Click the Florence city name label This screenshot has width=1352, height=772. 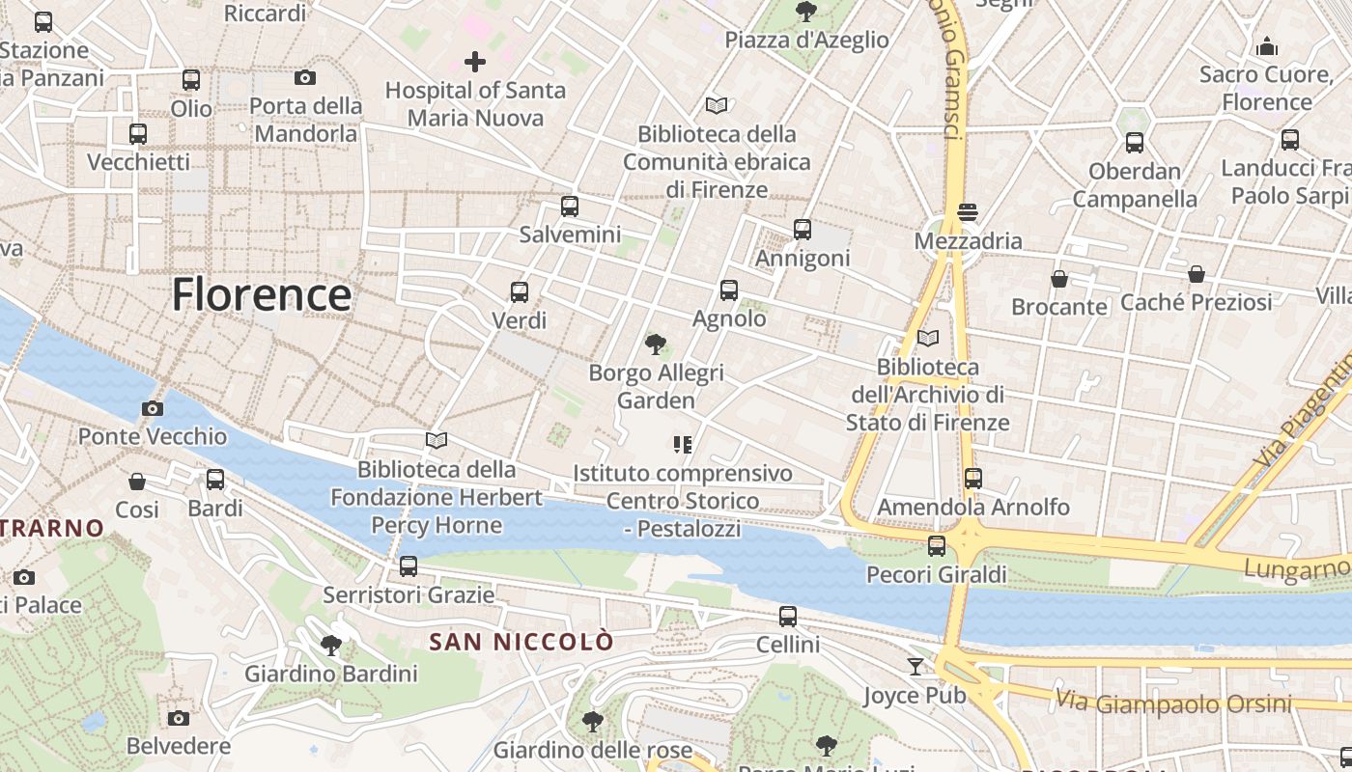[261, 294]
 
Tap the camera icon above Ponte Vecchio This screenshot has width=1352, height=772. [152, 408]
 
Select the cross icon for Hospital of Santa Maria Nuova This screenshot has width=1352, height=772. [475, 63]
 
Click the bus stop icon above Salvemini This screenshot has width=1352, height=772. [570, 207]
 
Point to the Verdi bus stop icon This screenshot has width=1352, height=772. [520, 291]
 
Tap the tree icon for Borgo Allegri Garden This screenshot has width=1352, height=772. [656, 344]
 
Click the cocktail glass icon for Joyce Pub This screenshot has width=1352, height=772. [915, 666]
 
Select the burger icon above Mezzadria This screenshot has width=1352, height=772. [968, 212]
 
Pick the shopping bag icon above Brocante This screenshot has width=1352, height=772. [1059, 279]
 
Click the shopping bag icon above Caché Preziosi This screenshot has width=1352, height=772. [1197, 274]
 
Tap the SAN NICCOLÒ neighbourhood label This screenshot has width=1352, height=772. [521, 642]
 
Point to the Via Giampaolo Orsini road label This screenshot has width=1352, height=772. [1173, 703]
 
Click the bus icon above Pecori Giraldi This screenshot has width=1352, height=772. [937, 546]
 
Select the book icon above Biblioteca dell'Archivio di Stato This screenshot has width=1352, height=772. [928, 339]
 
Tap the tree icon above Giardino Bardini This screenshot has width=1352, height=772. [331, 645]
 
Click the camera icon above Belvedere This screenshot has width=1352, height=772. [178, 718]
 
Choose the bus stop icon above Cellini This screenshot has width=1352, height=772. [788, 617]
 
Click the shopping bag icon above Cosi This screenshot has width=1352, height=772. [137, 481]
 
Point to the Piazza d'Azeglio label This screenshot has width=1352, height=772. [806, 40]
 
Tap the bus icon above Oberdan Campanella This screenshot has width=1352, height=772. [1135, 143]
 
